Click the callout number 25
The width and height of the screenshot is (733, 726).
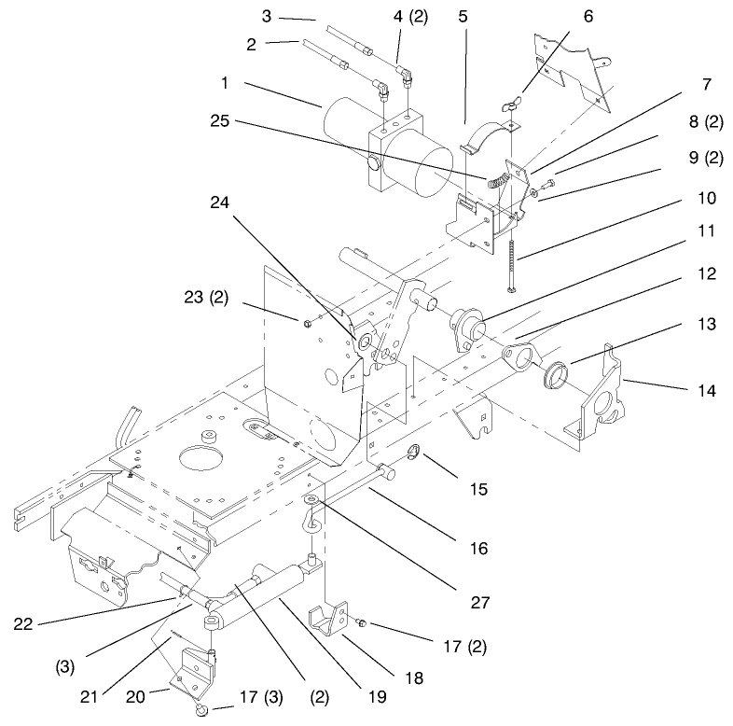pos(220,121)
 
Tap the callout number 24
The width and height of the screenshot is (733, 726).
pos(220,202)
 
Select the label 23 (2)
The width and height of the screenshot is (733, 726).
pos(206,297)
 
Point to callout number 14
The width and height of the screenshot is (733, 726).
pos(706,390)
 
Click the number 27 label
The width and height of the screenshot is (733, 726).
pos(479,603)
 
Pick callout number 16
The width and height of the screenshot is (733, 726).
pos(478,549)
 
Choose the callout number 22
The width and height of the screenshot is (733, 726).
pos(23,623)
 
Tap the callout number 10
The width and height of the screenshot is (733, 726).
pos(706,198)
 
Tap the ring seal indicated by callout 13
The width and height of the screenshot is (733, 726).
pos(557,375)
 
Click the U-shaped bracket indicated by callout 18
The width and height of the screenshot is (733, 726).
pos(328,619)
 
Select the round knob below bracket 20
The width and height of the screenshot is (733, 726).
pos(201,709)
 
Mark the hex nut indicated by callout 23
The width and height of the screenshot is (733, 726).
pos(307,323)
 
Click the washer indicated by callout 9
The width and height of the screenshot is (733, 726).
pos(533,193)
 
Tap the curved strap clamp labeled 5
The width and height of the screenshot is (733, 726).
pos(487,133)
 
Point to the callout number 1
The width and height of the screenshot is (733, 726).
pos(225,83)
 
